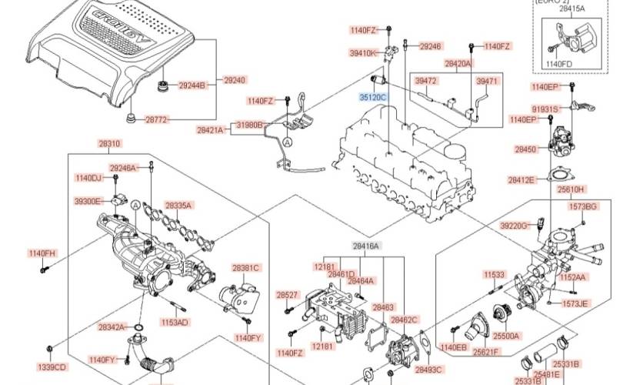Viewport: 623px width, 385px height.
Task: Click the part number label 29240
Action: click(235, 80)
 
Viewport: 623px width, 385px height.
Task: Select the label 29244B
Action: click(192, 85)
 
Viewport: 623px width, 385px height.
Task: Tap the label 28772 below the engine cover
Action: click(157, 120)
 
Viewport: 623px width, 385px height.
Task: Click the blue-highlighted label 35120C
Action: click(372, 98)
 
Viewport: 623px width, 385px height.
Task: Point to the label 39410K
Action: click(363, 53)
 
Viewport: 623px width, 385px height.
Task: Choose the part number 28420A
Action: click(458, 62)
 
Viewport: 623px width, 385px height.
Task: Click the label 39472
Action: click(425, 80)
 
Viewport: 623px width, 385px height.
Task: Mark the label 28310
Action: click(109, 143)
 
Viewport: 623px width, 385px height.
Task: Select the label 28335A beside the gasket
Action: click(178, 206)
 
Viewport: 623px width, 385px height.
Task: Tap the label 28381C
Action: click(246, 268)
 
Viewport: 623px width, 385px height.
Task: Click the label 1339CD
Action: click(52, 367)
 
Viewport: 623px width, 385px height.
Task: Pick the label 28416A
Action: click(367, 245)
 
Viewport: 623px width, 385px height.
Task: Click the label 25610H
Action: click(571, 189)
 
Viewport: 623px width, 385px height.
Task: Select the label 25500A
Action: click(507, 336)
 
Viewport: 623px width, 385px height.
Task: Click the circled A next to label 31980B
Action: click(287, 142)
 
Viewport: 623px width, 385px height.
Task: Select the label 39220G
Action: click(514, 226)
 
